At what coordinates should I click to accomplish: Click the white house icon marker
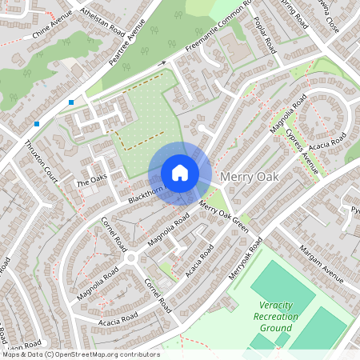180,172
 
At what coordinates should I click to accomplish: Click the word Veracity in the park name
277,305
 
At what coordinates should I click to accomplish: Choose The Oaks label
91,181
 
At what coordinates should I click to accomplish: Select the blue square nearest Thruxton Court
37,123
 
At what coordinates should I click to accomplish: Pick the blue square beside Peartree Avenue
71,102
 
